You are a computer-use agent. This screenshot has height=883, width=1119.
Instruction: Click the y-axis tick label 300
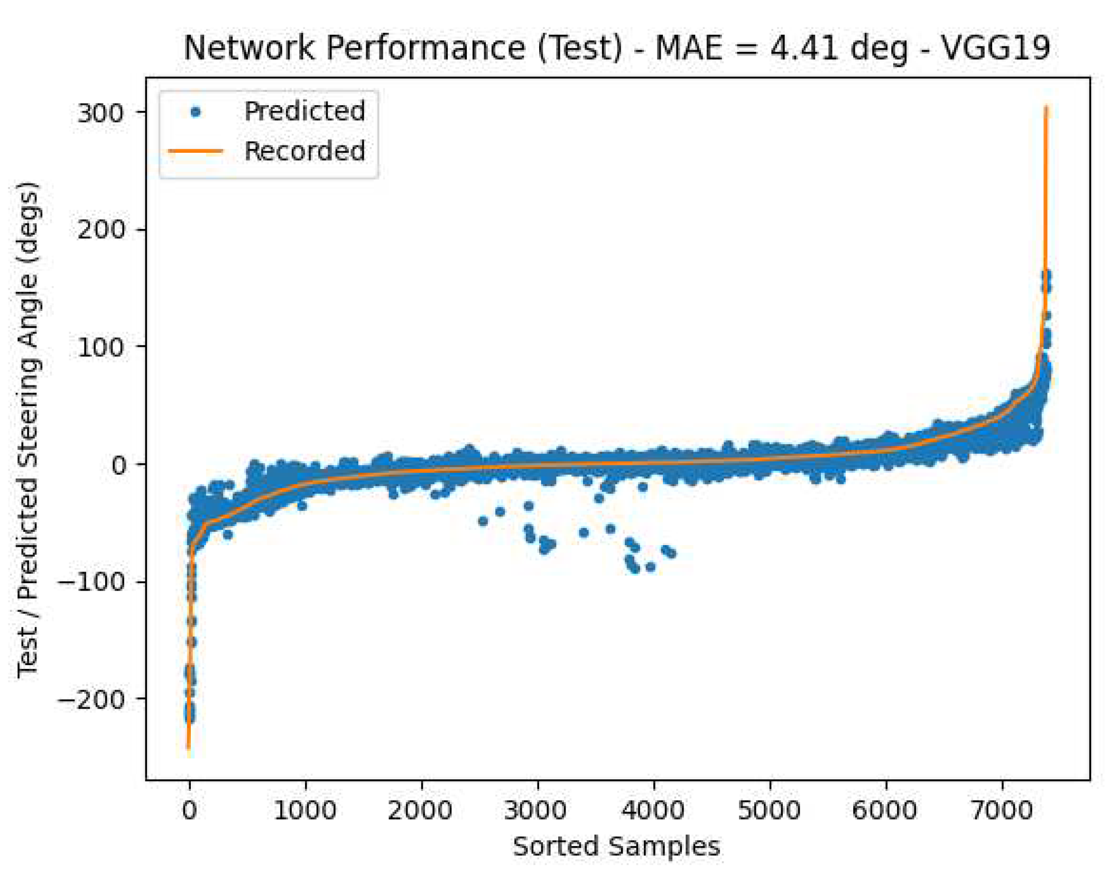click(100, 113)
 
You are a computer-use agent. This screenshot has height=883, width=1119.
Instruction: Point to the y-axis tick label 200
click(100, 231)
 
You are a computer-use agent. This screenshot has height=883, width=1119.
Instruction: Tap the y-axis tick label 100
click(100, 347)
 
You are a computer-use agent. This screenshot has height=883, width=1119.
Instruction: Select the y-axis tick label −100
click(91, 582)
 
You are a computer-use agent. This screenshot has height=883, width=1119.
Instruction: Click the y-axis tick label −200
click(91, 700)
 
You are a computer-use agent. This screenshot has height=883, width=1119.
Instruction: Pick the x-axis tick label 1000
click(305, 811)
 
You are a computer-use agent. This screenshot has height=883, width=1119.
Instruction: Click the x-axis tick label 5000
click(769, 811)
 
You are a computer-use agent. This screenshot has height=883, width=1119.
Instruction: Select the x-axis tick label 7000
click(1002, 811)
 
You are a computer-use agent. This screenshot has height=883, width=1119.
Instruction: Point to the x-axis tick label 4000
click(653, 811)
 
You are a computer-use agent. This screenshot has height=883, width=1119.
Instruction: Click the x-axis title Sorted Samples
click(616, 847)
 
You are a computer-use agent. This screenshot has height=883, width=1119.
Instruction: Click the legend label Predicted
click(304, 112)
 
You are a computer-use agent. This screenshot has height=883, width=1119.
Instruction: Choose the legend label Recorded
click(304, 151)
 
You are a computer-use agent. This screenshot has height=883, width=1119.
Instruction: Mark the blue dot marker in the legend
click(196, 112)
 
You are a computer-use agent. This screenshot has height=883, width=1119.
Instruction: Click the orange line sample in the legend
click(196, 151)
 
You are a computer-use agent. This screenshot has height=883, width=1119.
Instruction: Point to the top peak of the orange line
click(1046, 108)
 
